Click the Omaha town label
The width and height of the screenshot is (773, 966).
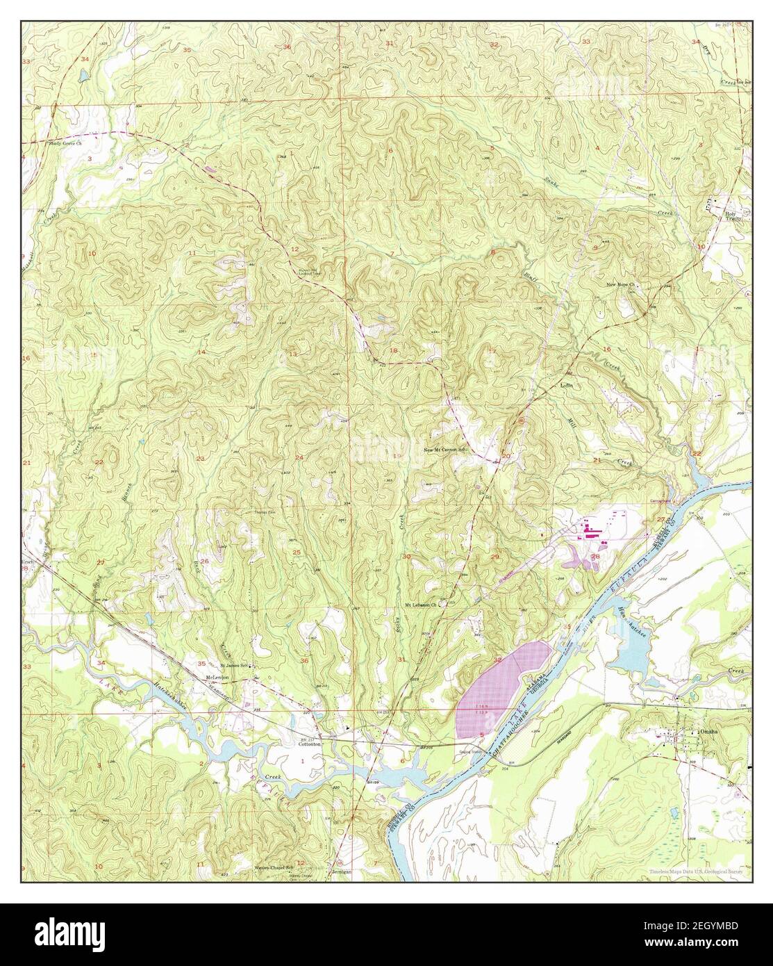click(x=709, y=732)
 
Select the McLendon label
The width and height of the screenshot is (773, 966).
click(x=217, y=677)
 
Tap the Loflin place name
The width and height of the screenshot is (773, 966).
click(x=570, y=384)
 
